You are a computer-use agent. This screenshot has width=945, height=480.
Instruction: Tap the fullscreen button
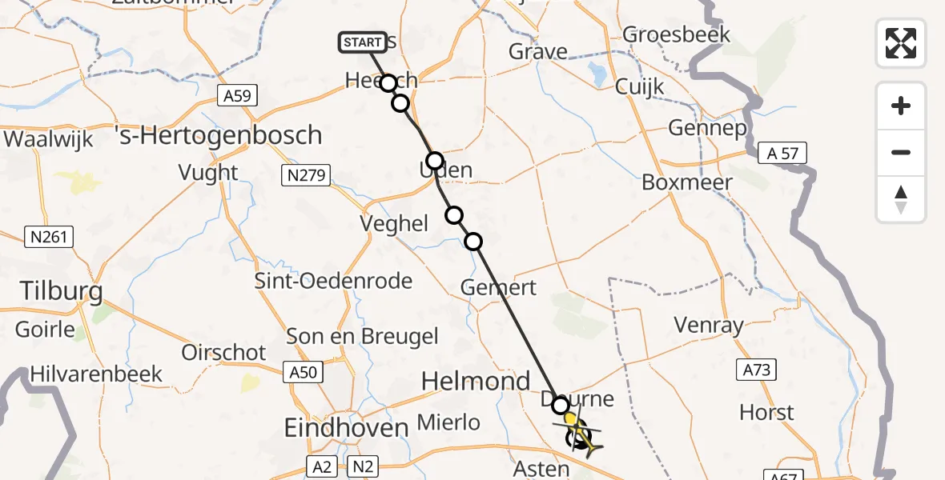(x=901, y=42)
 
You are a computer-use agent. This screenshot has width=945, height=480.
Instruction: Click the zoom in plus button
(x=901, y=106)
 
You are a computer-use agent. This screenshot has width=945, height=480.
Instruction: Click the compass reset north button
(x=901, y=199)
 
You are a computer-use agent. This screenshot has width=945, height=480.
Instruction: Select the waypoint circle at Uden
(x=434, y=161)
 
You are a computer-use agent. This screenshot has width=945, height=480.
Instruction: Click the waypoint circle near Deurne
(x=560, y=406)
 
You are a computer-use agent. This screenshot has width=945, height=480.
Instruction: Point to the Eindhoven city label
(x=347, y=428)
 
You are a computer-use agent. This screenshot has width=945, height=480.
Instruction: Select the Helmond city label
(x=477, y=381)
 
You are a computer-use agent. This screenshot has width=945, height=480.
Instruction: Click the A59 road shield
(x=236, y=96)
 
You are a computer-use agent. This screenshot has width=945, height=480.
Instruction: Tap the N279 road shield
(x=307, y=175)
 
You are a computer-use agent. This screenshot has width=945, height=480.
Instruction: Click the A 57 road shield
(x=782, y=154)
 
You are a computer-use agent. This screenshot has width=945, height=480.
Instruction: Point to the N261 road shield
(x=50, y=237)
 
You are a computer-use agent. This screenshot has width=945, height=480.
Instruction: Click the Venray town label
(x=709, y=325)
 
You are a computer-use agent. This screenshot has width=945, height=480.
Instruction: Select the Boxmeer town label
(x=687, y=182)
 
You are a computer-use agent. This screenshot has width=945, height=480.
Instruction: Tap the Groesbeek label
(x=676, y=34)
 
